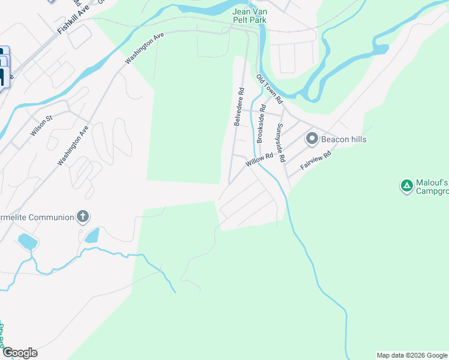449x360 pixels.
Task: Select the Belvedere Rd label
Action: pyautogui.click(x=239, y=107)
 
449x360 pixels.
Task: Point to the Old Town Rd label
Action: pyautogui.click(x=267, y=86)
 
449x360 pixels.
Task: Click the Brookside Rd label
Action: pyautogui.click(x=261, y=123)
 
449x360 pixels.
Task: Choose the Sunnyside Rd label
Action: pyautogui.click(x=280, y=143)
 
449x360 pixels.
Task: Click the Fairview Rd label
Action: pyautogui.click(x=316, y=158)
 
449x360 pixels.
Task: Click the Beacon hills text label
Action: pyautogui.click(x=343, y=139)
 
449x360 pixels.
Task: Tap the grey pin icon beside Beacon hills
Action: pyautogui.click(x=312, y=139)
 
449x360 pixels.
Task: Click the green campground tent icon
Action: pyautogui.click(x=406, y=186)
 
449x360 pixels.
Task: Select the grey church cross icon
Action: pyautogui.click(x=83, y=217)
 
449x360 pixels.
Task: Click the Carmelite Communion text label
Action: pyautogui.click(x=36, y=217)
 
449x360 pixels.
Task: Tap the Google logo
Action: pyautogui.click(x=19, y=353)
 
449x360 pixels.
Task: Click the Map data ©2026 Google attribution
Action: pyautogui.click(x=412, y=355)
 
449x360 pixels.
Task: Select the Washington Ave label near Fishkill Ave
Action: pyautogui.click(x=144, y=49)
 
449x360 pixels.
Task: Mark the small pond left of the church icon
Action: pyautogui.click(x=28, y=242)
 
